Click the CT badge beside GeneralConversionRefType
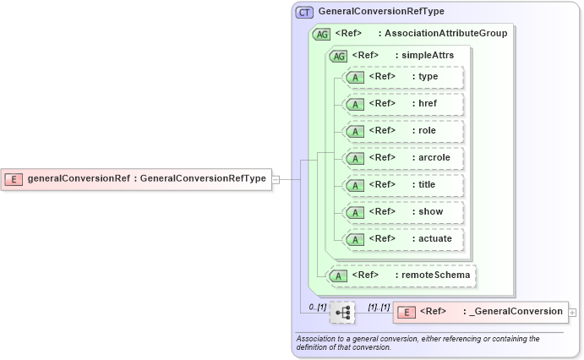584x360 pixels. [x=304, y=12]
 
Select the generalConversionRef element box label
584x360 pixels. [x=146, y=178]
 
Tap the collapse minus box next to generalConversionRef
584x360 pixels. [x=276, y=178]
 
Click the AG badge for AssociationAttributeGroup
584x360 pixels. [x=321, y=34]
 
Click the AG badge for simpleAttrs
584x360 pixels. [x=338, y=56]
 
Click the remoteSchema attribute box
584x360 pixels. [x=401, y=275]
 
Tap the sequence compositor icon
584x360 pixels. [x=342, y=313]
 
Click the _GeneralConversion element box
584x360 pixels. [x=480, y=312]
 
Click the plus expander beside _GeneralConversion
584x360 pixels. [x=573, y=312]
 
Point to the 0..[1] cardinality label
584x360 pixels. [x=317, y=306]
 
